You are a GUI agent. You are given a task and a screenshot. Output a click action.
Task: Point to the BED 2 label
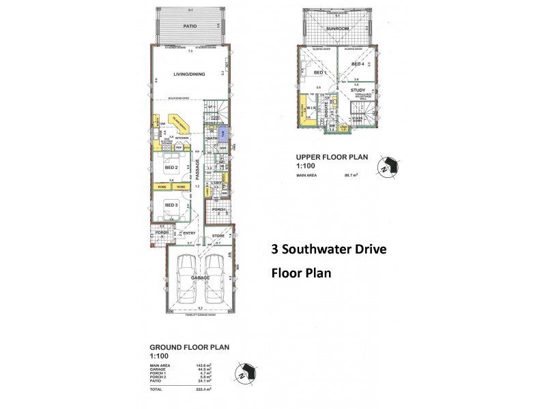(x=171, y=167)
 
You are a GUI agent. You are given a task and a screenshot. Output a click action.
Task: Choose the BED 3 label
(x=171, y=204)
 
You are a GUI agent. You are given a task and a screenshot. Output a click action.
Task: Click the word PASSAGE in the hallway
(x=198, y=170)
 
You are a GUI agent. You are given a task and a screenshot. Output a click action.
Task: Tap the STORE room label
(x=218, y=237)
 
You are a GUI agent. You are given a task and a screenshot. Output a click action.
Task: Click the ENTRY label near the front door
(x=189, y=233)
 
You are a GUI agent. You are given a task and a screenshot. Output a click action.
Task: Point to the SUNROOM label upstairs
(x=336, y=29)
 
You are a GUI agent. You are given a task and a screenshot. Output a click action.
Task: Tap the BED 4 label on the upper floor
(x=358, y=64)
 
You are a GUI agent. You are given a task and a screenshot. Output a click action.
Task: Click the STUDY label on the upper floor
(x=358, y=90)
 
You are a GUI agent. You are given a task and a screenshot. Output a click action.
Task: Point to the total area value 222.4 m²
(x=203, y=389)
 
